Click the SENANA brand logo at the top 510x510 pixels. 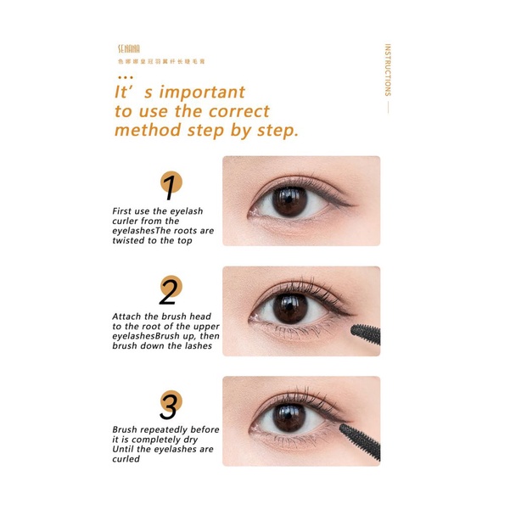(x=128, y=50)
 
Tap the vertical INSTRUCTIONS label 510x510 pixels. (x=388, y=70)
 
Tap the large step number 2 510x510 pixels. (x=168, y=292)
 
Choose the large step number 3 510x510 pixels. (x=169, y=405)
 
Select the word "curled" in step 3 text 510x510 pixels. (x=127, y=460)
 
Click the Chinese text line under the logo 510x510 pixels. (x=162, y=62)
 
